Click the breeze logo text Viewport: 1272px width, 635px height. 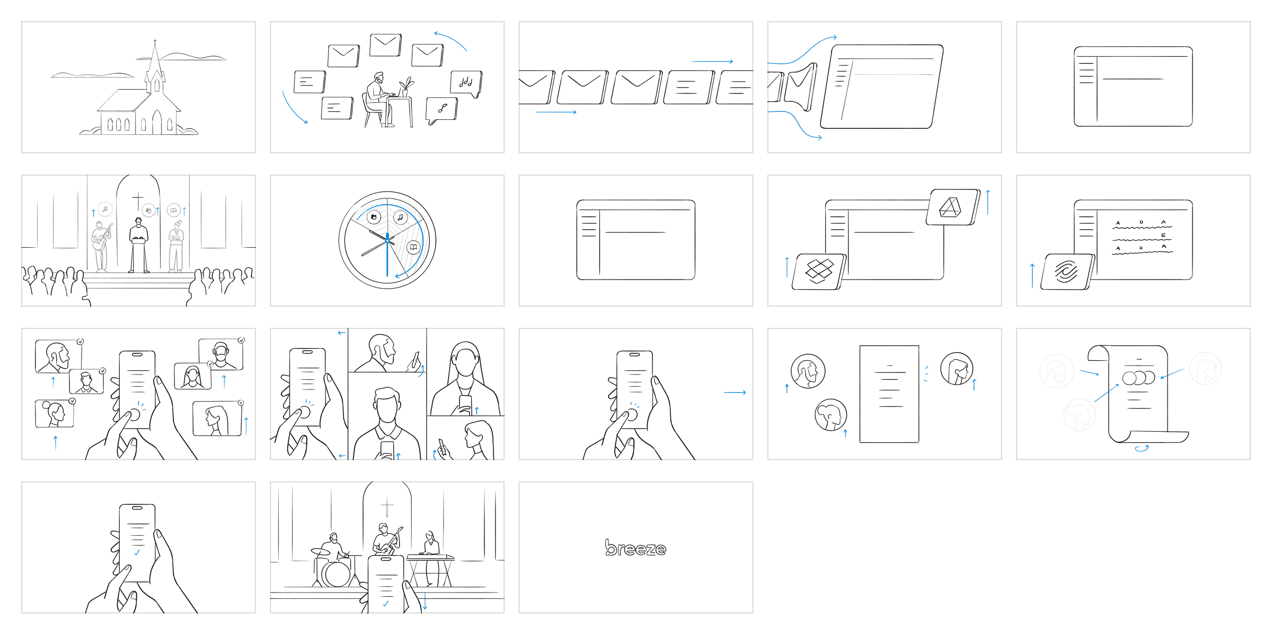click(x=635, y=548)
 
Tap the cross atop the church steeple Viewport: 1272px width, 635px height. click(x=155, y=41)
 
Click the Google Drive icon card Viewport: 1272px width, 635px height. click(x=953, y=207)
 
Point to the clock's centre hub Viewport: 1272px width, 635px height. click(x=387, y=240)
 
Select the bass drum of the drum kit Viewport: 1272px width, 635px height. click(x=336, y=573)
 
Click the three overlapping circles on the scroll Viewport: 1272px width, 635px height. click(x=1138, y=378)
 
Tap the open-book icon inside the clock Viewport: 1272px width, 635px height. click(x=413, y=247)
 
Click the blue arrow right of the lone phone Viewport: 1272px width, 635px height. click(x=735, y=393)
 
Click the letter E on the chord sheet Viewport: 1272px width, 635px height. click(x=1163, y=235)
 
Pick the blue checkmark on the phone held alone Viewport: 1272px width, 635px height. click(x=137, y=552)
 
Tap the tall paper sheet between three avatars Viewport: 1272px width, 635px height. click(x=889, y=394)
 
